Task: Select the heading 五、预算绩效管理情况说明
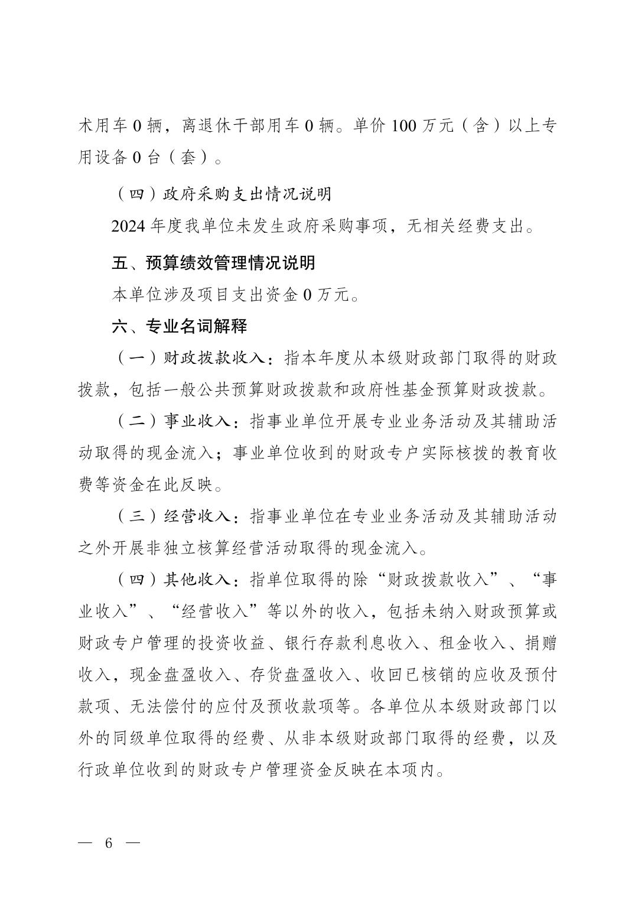213,262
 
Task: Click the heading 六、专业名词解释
180,326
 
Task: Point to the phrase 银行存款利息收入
352,643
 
